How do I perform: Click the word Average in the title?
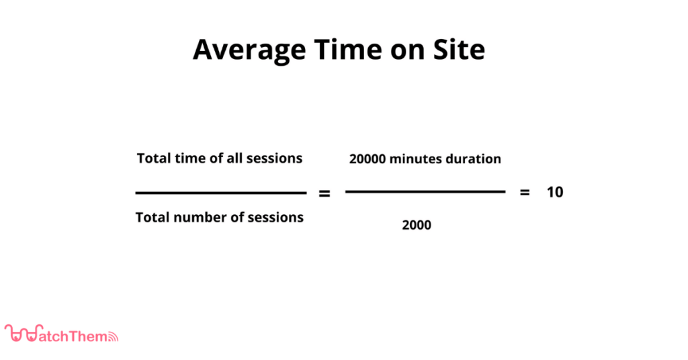250,50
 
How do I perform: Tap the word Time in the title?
347,49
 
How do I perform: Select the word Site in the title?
459,49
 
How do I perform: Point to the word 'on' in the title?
407,52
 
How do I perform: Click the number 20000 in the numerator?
368,159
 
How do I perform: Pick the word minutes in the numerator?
415,159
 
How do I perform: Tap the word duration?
474,159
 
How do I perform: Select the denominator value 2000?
417,225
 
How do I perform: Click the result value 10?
555,192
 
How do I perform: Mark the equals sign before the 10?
524,192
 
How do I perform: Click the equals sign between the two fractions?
325,193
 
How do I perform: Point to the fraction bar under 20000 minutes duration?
425,191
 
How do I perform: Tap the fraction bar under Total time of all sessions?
220,193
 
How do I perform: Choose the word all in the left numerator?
234,159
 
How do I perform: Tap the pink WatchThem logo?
61,334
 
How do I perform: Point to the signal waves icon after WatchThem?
113,336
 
